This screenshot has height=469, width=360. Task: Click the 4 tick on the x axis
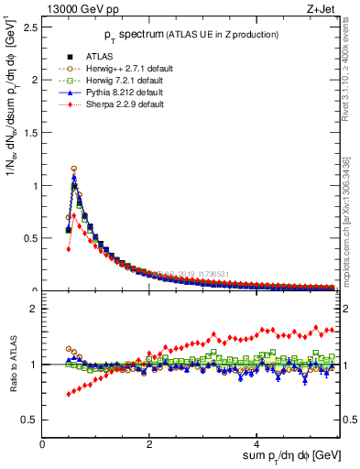(257, 444)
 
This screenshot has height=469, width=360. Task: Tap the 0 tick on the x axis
(43, 444)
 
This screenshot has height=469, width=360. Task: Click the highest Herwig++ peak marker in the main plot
(73, 169)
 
